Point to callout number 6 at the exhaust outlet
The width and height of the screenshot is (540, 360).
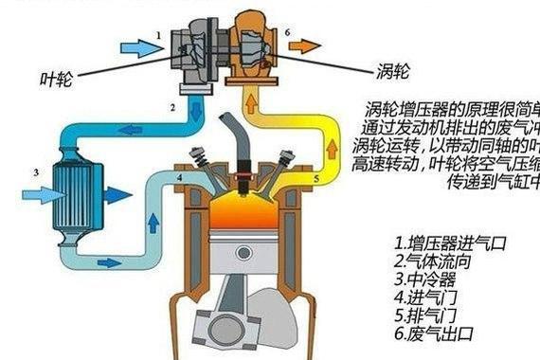point(286,31)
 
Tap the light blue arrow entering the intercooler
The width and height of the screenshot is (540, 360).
point(36,195)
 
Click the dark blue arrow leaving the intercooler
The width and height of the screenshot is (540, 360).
point(117,196)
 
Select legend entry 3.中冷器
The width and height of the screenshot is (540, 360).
point(426,279)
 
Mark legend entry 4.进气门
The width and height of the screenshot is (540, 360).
point(426,297)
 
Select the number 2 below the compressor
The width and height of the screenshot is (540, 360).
point(173,108)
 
